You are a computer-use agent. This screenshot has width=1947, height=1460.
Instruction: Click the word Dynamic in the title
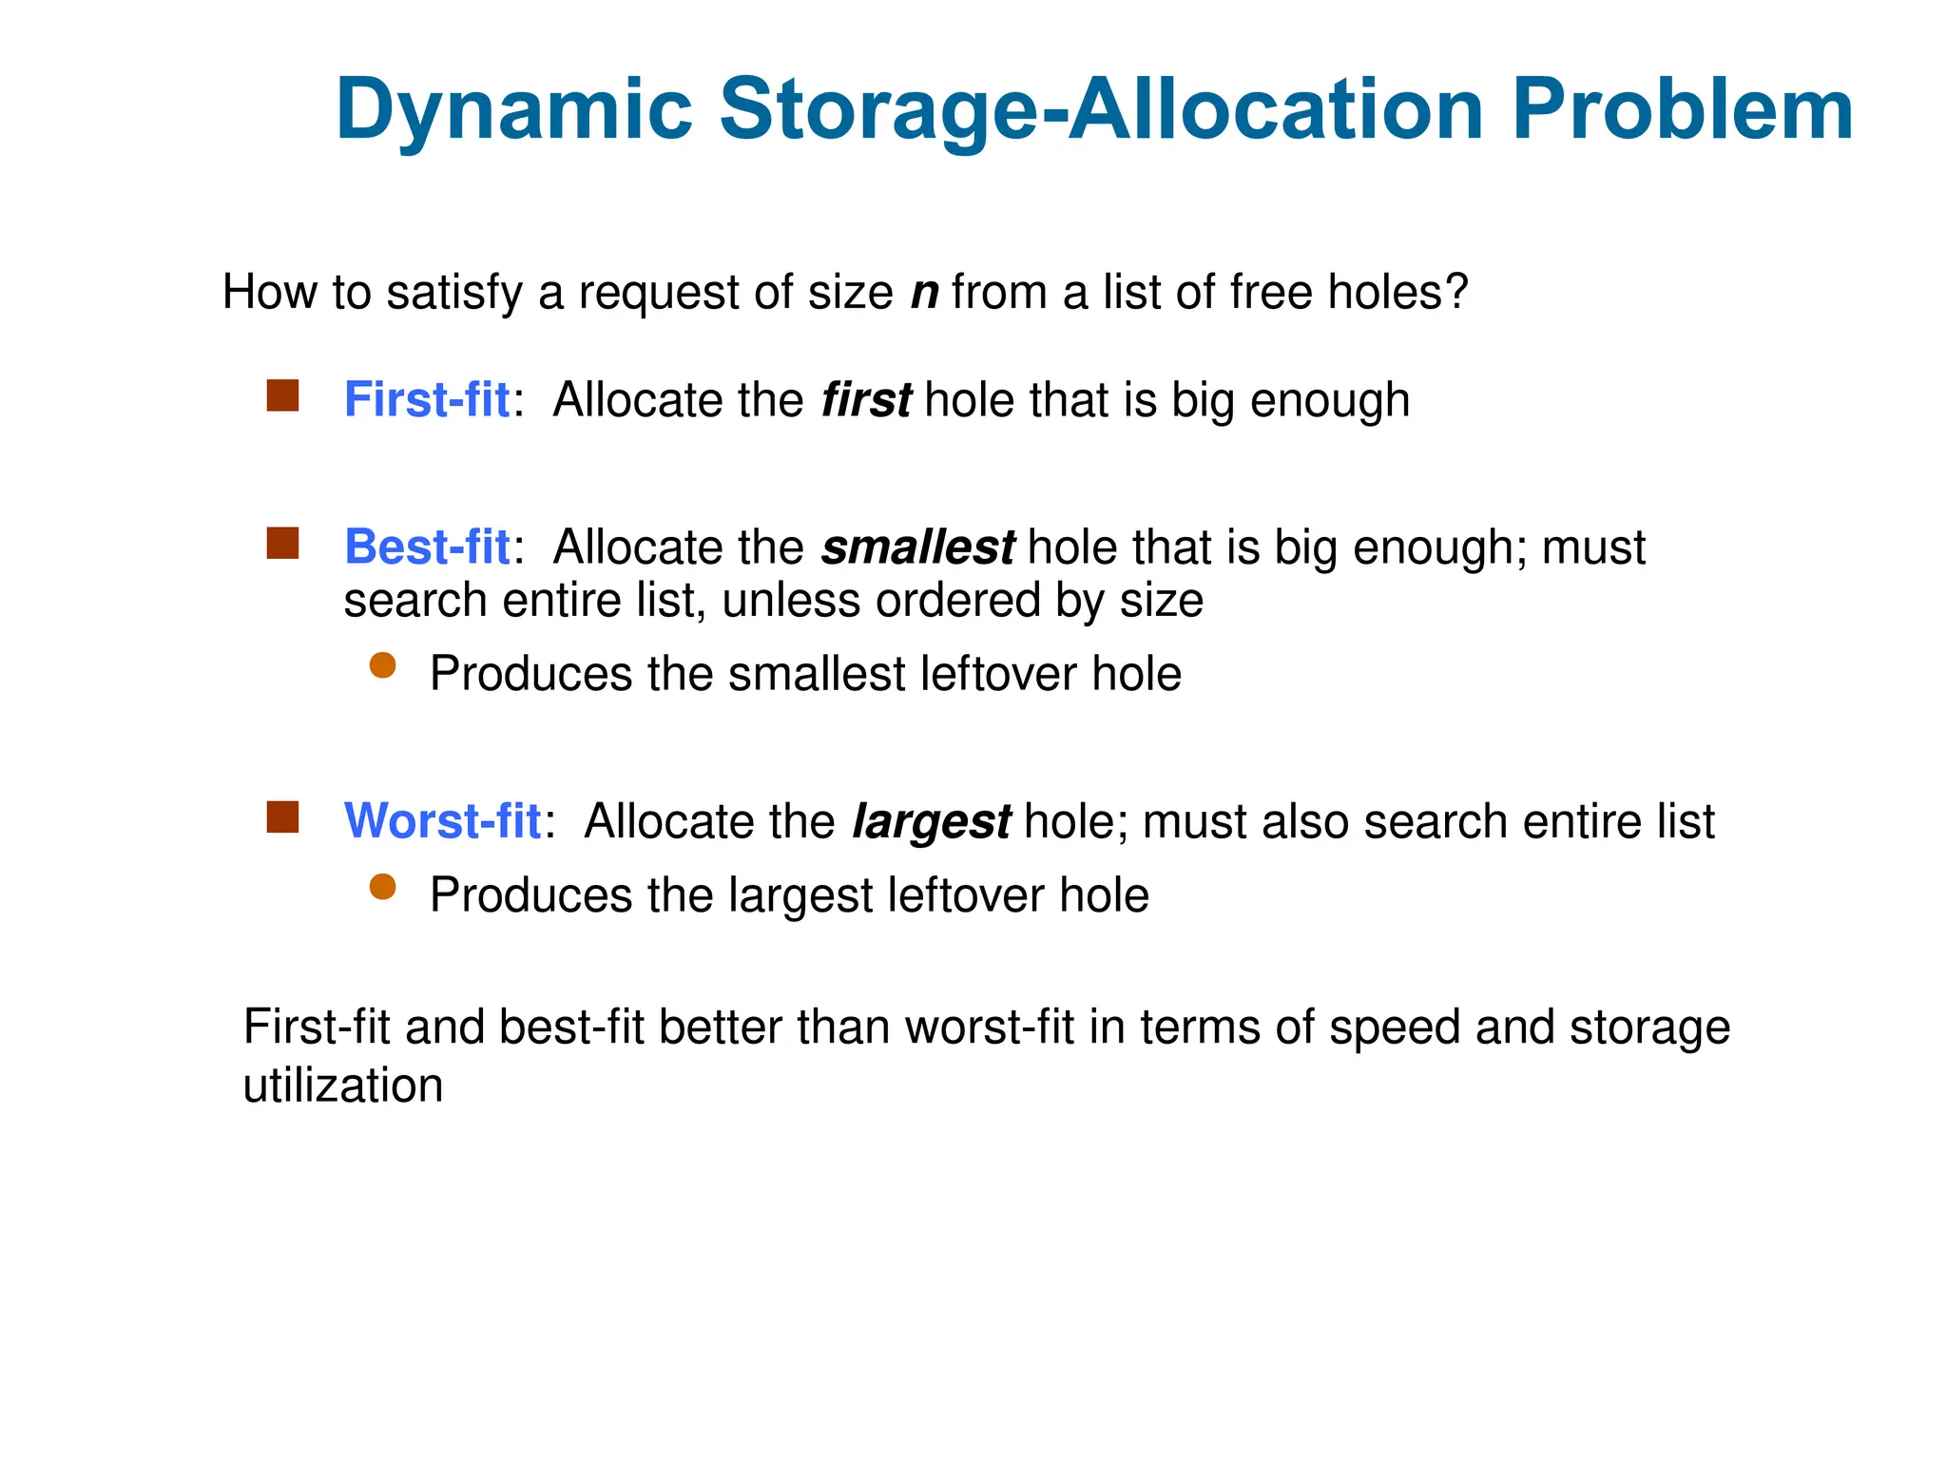[514, 110]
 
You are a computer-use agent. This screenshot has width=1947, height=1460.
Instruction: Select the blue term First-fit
[427, 400]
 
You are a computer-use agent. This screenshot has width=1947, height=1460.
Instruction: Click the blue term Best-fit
[427, 547]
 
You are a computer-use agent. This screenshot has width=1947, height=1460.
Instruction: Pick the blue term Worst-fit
[442, 821]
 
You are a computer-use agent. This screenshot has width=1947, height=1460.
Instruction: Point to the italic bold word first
[866, 400]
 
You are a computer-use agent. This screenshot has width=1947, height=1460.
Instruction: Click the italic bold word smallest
[917, 547]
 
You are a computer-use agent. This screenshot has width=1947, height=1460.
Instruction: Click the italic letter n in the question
[924, 293]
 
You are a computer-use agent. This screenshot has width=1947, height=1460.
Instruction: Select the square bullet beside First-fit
[282, 395]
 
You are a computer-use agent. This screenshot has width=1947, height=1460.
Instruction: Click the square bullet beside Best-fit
[282, 543]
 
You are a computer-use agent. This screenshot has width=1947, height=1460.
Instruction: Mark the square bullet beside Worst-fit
[282, 816]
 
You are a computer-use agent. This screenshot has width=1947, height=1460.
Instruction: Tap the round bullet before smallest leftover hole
[382, 665]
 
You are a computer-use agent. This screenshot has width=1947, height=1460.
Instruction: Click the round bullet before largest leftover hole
[382, 887]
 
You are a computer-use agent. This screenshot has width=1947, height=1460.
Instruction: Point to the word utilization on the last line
[343, 1085]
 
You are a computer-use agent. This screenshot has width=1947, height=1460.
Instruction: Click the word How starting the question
[269, 292]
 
